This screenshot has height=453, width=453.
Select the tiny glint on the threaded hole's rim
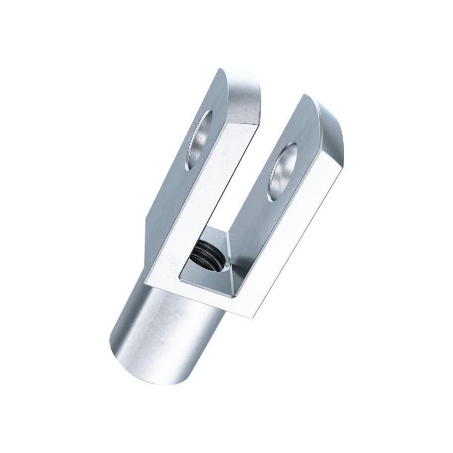[226, 267]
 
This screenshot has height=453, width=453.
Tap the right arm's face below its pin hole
[258, 219]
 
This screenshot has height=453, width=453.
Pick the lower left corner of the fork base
[145, 281]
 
